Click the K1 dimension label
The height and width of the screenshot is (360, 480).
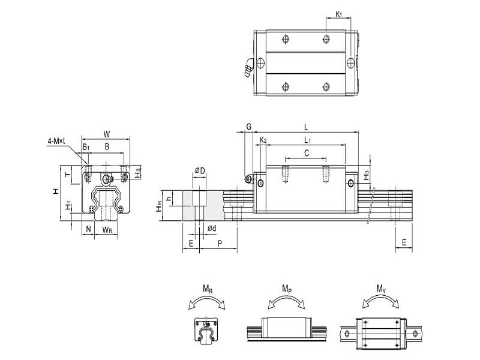[x=339, y=13]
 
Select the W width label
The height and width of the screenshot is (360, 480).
[x=106, y=134]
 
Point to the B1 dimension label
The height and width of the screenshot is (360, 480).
[x=86, y=146]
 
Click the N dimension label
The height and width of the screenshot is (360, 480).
[x=88, y=229]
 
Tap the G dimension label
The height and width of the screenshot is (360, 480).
[x=248, y=127]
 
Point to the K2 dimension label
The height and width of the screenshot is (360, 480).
[x=262, y=140]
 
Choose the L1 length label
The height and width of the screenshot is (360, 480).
[x=306, y=140]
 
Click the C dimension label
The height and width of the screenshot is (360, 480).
[x=306, y=154]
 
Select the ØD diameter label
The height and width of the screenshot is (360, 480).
[x=200, y=172]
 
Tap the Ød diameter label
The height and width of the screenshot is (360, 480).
[x=211, y=229]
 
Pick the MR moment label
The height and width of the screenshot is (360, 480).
[x=208, y=289]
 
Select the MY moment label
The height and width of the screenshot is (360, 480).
[x=380, y=289]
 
